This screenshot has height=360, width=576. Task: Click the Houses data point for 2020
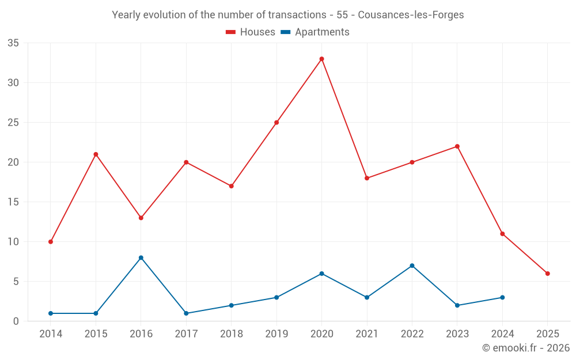point(321,59)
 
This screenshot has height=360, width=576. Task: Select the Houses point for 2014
point(51,242)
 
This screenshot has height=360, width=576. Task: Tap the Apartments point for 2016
point(141,257)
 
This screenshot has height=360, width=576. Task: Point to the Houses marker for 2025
point(547,274)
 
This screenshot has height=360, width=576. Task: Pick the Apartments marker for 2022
point(412,266)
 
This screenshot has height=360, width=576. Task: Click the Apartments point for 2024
point(502,297)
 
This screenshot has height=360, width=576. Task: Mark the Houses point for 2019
point(276,123)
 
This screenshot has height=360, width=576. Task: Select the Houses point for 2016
point(141,218)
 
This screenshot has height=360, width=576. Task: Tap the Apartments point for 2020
point(321,274)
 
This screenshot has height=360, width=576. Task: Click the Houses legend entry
point(251,32)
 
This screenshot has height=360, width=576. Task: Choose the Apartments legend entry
point(314,32)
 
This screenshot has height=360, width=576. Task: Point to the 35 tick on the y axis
point(13,43)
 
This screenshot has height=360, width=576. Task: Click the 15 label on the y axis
point(13,202)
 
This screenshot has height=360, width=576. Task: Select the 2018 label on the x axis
point(231,334)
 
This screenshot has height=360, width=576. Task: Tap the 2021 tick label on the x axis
point(367,334)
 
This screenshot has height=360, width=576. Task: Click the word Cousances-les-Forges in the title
point(415,15)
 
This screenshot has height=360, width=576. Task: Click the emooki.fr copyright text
point(526,348)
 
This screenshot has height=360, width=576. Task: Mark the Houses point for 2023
point(457,146)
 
